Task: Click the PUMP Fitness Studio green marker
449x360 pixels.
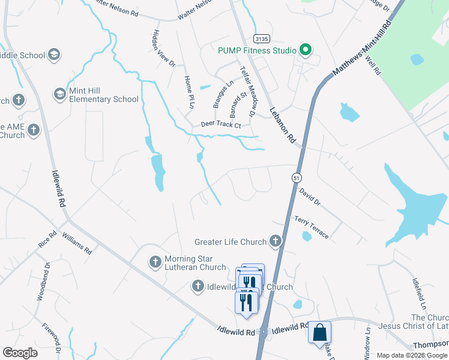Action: [x=306, y=50]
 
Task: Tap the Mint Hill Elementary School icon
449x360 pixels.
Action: [x=59, y=94]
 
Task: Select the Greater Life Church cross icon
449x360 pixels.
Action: [x=275, y=242]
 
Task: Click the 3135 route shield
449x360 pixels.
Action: [x=262, y=38]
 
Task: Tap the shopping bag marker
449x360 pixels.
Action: [x=319, y=331]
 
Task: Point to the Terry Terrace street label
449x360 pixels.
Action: [x=311, y=228]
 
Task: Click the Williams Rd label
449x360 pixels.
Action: [x=76, y=244]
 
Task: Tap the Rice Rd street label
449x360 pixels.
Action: [x=47, y=240]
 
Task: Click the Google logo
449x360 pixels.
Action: [x=20, y=352]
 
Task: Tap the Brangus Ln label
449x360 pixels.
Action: [x=223, y=94]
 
